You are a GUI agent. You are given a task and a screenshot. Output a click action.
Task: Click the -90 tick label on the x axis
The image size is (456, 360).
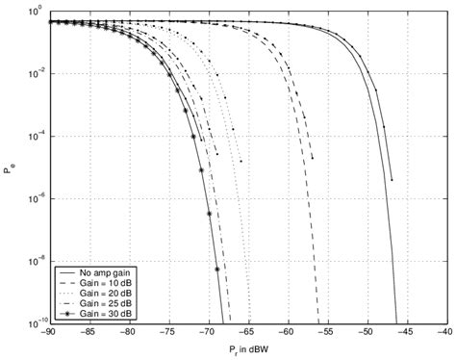click(48, 332)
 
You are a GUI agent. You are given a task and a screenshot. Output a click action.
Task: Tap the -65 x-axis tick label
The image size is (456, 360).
click(245, 332)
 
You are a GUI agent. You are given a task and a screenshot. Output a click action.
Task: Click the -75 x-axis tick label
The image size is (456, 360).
click(166, 332)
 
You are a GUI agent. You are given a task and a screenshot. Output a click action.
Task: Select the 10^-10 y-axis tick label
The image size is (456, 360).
click(33, 322)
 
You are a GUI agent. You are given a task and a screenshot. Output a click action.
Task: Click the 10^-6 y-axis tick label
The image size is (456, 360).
click(34, 198)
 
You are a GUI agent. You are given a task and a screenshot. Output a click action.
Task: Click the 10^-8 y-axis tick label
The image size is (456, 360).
click(34, 260)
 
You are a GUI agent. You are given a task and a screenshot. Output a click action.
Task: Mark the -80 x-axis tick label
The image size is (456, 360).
click(127, 332)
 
